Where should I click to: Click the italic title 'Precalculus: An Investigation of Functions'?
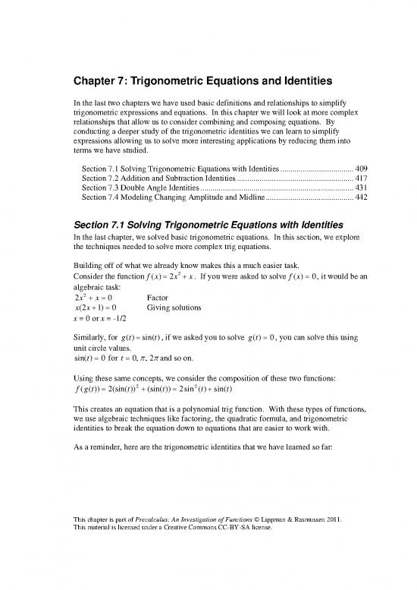pyautogui.click(x=205, y=519)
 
